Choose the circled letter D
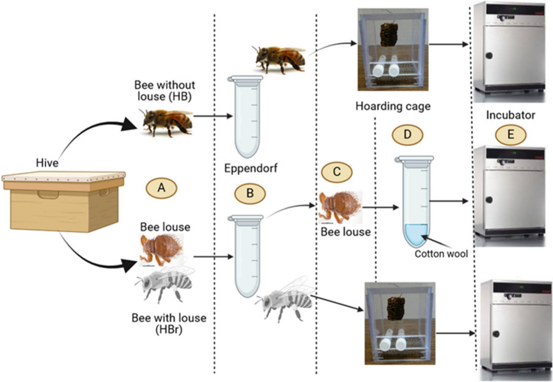pos(403,135)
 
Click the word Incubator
pos(509,117)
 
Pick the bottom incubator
pos(515,325)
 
